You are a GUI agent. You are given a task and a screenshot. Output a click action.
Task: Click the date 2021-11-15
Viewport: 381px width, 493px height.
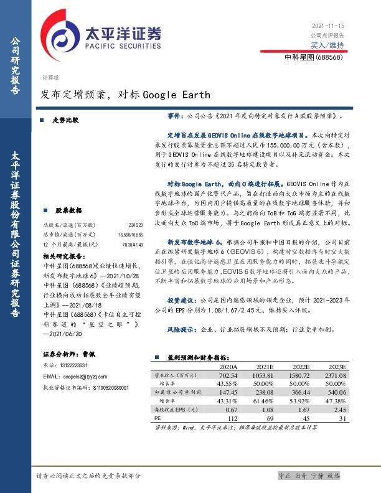(327, 26)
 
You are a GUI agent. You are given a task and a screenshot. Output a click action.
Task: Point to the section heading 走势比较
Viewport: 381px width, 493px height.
(65, 120)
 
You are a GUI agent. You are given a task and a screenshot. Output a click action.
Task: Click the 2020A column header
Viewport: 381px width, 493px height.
(228, 368)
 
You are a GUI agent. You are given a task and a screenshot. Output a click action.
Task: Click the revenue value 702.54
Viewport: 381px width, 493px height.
(228, 376)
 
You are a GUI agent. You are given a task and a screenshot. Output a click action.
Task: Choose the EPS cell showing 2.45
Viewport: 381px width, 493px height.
(339, 410)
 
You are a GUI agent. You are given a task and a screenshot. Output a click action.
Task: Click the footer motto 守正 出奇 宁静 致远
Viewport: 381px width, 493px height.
(309, 476)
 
